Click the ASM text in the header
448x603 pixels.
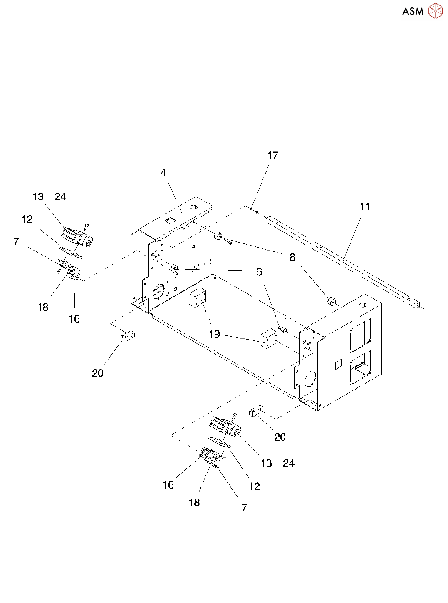412,12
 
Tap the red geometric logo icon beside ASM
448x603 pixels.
435,11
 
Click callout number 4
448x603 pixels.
163,173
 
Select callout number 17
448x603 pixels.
272,156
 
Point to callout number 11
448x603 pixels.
365,207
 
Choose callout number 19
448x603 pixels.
214,334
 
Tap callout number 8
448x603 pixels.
292,258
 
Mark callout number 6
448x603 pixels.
259,272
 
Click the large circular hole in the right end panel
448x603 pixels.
310,379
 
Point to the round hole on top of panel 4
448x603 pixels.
193,207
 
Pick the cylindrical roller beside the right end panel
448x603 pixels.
331,301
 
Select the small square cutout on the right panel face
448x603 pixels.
339,364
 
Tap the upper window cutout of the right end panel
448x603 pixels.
360,335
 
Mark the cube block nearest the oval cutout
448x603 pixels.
197,298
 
